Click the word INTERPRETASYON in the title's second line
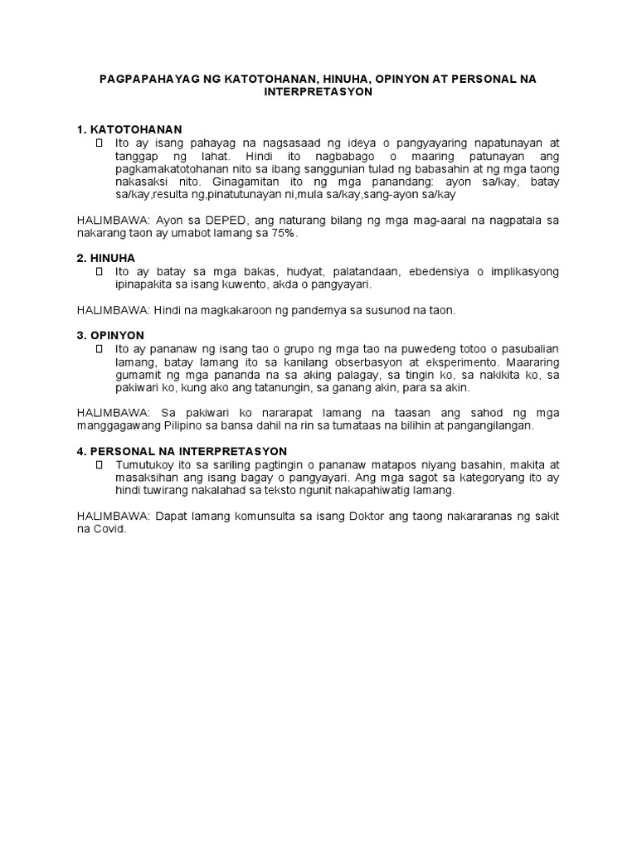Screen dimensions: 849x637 point(318,93)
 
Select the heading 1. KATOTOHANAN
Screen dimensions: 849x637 point(129,129)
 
